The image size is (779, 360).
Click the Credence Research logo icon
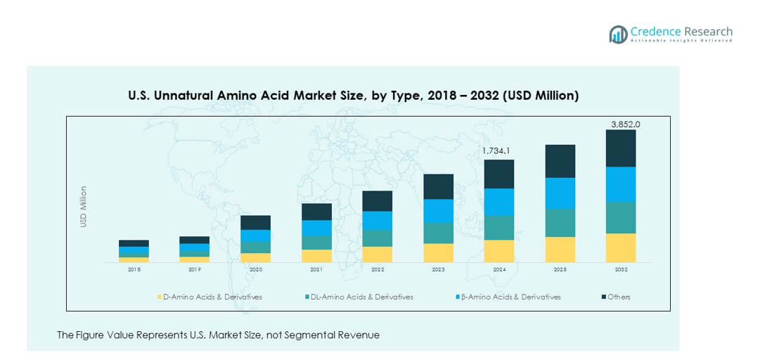pos(618,34)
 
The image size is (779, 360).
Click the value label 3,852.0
pos(625,124)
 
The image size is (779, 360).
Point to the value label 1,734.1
pos(496,150)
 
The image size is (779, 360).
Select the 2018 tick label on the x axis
pos(134,269)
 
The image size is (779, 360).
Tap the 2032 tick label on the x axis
pos(621,269)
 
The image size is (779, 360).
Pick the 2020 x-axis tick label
pos(255,269)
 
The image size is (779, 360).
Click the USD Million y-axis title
pos(84,206)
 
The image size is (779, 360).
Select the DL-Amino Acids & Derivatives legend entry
pos(358,297)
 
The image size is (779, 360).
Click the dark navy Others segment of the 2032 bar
pos(621,148)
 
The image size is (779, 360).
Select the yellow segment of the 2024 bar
pos(499,251)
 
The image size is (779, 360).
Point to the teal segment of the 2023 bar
pos(438,233)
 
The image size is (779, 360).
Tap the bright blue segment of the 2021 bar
pos(316,228)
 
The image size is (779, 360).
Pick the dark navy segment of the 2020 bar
pos(255,222)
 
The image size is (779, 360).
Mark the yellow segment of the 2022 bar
pos(378,255)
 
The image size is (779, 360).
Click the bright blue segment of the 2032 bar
pos(621,184)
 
